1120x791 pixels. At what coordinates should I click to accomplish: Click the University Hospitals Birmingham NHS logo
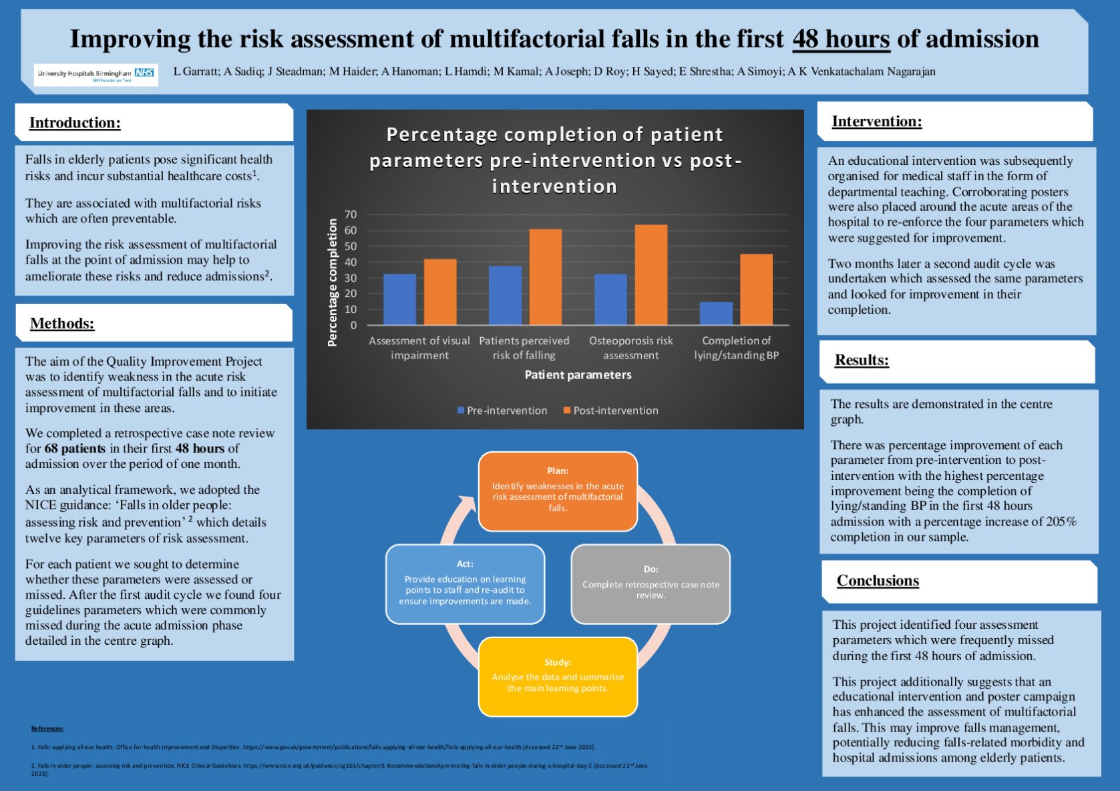[x=96, y=74]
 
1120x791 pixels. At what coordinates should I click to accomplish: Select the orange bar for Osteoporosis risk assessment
[x=650, y=275]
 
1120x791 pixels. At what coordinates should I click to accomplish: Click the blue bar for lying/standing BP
[x=716, y=313]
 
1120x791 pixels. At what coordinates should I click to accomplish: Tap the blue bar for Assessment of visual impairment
[x=399, y=299]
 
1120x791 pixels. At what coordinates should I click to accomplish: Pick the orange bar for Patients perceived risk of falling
[x=545, y=277]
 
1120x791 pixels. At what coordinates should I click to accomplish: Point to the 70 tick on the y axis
[x=351, y=214]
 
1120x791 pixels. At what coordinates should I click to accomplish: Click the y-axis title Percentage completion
[x=332, y=282]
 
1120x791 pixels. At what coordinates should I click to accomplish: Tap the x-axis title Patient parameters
[x=578, y=374]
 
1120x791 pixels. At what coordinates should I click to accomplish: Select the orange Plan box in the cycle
[x=558, y=491]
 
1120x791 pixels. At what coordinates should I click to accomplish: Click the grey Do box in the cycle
[x=650, y=584]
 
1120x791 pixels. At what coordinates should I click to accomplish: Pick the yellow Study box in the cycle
[x=558, y=676]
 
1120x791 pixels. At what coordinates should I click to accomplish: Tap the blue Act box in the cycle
[x=465, y=584]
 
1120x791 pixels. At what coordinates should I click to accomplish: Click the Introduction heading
[x=75, y=123]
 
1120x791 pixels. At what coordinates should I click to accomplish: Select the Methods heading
[x=62, y=324]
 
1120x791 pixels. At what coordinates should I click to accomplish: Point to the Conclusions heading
[x=878, y=581]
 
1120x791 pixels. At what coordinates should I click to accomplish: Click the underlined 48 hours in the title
[x=841, y=39]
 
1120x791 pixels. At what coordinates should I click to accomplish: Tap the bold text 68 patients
[x=75, y=449]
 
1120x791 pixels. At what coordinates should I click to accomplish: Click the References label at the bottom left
[x=47, y=728]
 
